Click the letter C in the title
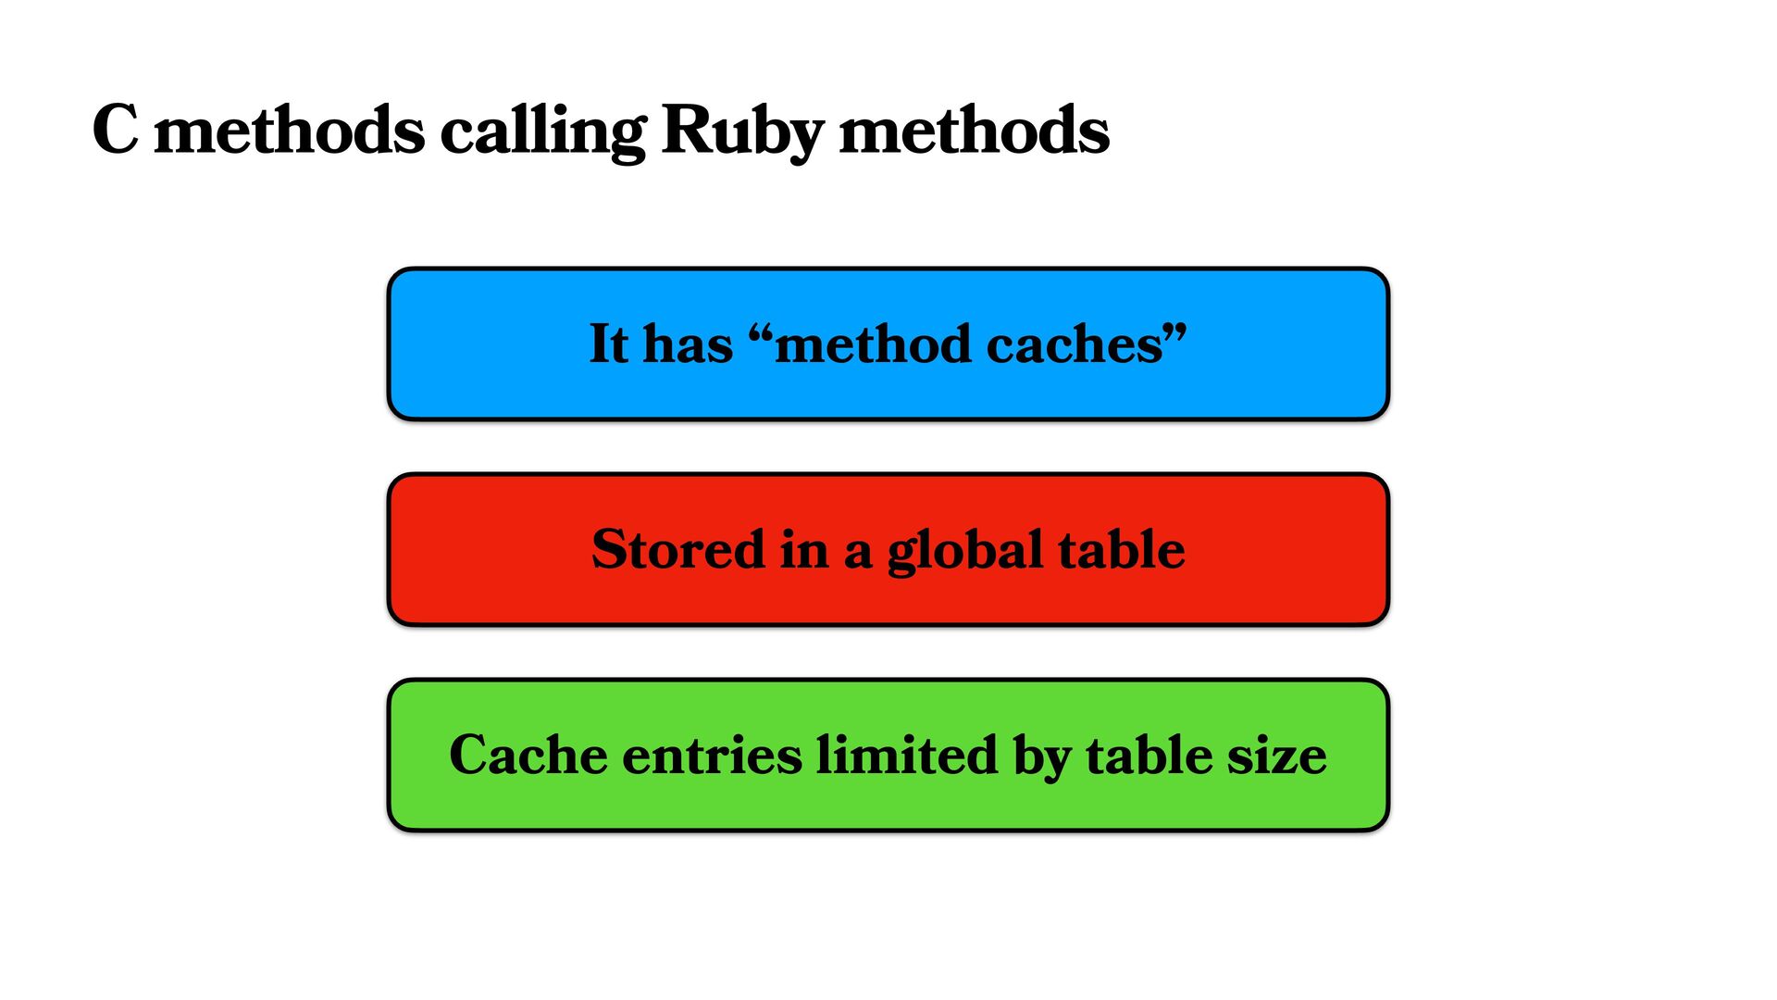[116, 130]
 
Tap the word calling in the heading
[542, 131]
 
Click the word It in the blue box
[608, 344]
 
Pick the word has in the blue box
[688, 344]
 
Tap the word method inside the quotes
[873, 344]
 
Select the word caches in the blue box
[1074, 345]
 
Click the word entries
[712, 756]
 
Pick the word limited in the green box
[907, 755]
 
